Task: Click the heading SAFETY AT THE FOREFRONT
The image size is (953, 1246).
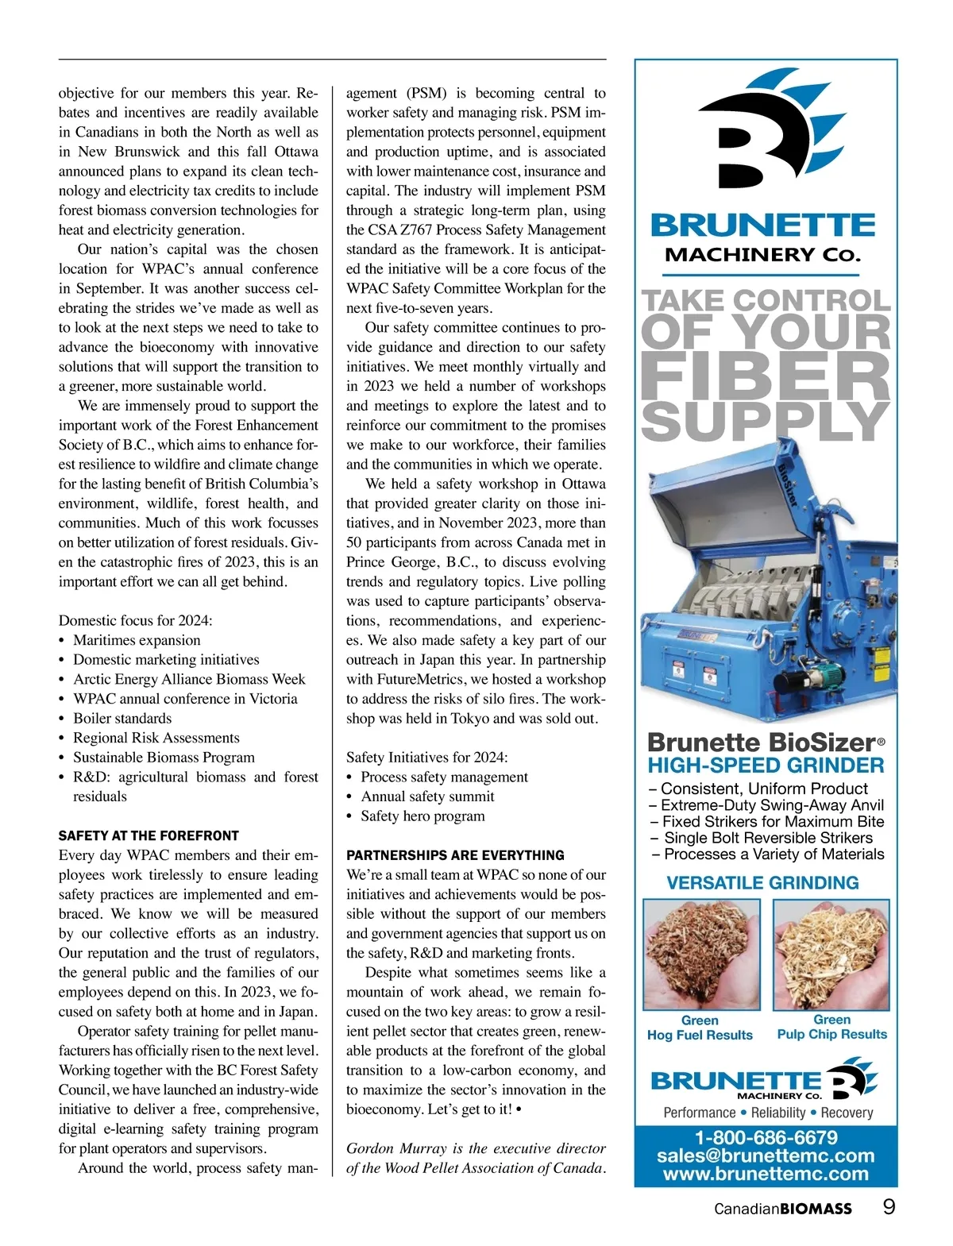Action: (149, 835)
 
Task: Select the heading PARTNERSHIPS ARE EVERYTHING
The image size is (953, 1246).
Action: (455, 855)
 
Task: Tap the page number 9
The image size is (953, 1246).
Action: (889, 1207)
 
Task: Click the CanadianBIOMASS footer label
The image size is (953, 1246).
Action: (782, 1209)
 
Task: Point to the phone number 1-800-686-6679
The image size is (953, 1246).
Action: (766, 1138)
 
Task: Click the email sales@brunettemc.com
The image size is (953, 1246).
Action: (766, 1156)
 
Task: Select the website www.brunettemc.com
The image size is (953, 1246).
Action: (766, 1174)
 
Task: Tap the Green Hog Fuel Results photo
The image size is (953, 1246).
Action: (700, 955)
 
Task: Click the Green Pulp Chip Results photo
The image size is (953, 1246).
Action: (831, 955)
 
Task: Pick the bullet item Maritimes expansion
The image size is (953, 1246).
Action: (137, 640)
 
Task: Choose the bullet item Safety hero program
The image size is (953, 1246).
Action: (422, 816)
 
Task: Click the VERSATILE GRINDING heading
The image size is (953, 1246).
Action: (762, 883)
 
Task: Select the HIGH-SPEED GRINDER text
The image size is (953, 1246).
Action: (766, 766)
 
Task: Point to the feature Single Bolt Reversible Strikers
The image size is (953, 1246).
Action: (767, 838)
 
